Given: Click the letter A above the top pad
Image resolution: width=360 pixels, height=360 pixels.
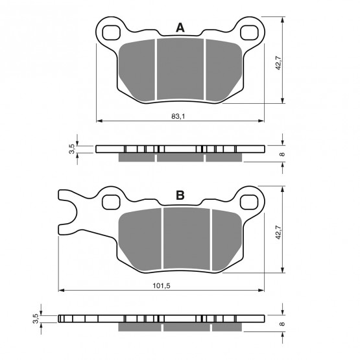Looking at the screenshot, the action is tap(180, 28).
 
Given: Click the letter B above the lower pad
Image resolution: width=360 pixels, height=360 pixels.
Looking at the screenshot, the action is tap(180, 195).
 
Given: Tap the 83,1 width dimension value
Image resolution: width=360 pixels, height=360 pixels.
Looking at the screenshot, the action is tap(178, 116).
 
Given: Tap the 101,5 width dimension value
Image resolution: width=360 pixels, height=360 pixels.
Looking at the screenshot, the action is tap(162, 286).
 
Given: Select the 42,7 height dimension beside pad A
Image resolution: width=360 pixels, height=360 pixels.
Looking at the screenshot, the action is tap(278, 62).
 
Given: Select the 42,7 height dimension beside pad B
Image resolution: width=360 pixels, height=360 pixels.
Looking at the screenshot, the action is tap(278, 232).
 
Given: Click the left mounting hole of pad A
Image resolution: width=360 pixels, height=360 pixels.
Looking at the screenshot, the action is tap(112, 33).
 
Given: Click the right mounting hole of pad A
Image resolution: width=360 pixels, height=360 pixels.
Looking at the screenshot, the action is tap(249, 33).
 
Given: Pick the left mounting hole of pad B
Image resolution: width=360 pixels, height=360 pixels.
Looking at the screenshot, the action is tap(111, 202).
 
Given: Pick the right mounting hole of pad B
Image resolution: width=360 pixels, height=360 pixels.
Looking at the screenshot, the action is tap(249, 202).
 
